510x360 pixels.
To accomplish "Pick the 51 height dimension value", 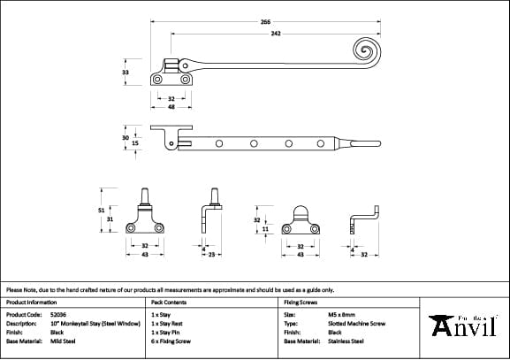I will [x=102, y=211].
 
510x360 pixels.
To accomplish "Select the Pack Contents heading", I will [x=170, y=302].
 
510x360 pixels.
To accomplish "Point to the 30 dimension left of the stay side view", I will [x=126, y=137].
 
